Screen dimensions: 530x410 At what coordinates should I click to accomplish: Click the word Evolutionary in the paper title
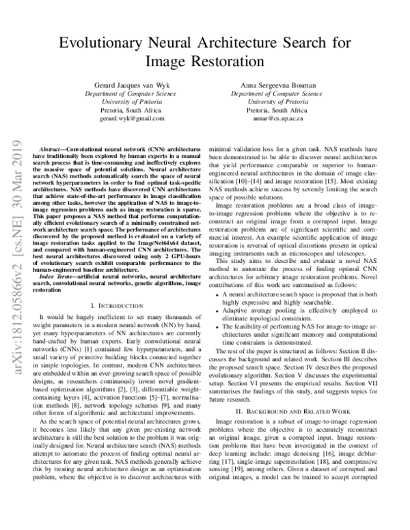[100, 42]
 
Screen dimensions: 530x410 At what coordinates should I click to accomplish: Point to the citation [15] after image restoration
[338, 204]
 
